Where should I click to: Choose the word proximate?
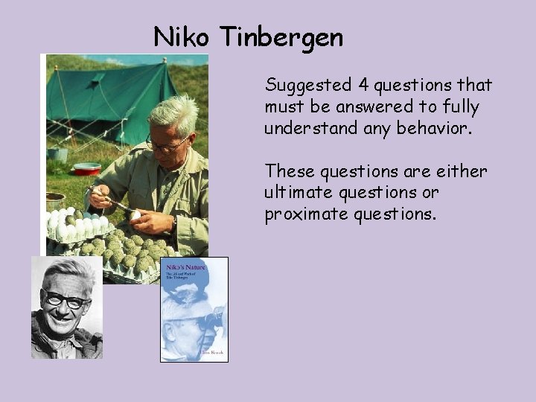[302, 214]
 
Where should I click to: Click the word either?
[461, 172]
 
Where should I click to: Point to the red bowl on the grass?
[87, 169]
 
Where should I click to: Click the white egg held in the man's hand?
[135, 216]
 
